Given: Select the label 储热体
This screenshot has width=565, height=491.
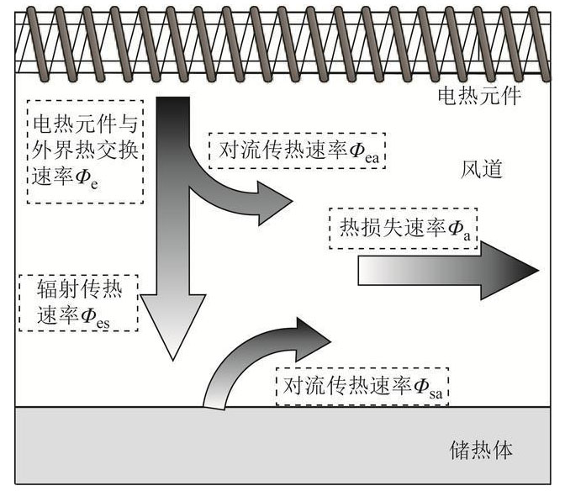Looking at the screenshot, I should coord(480,450).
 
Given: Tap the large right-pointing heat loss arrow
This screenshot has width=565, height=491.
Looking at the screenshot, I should coord(446,272).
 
